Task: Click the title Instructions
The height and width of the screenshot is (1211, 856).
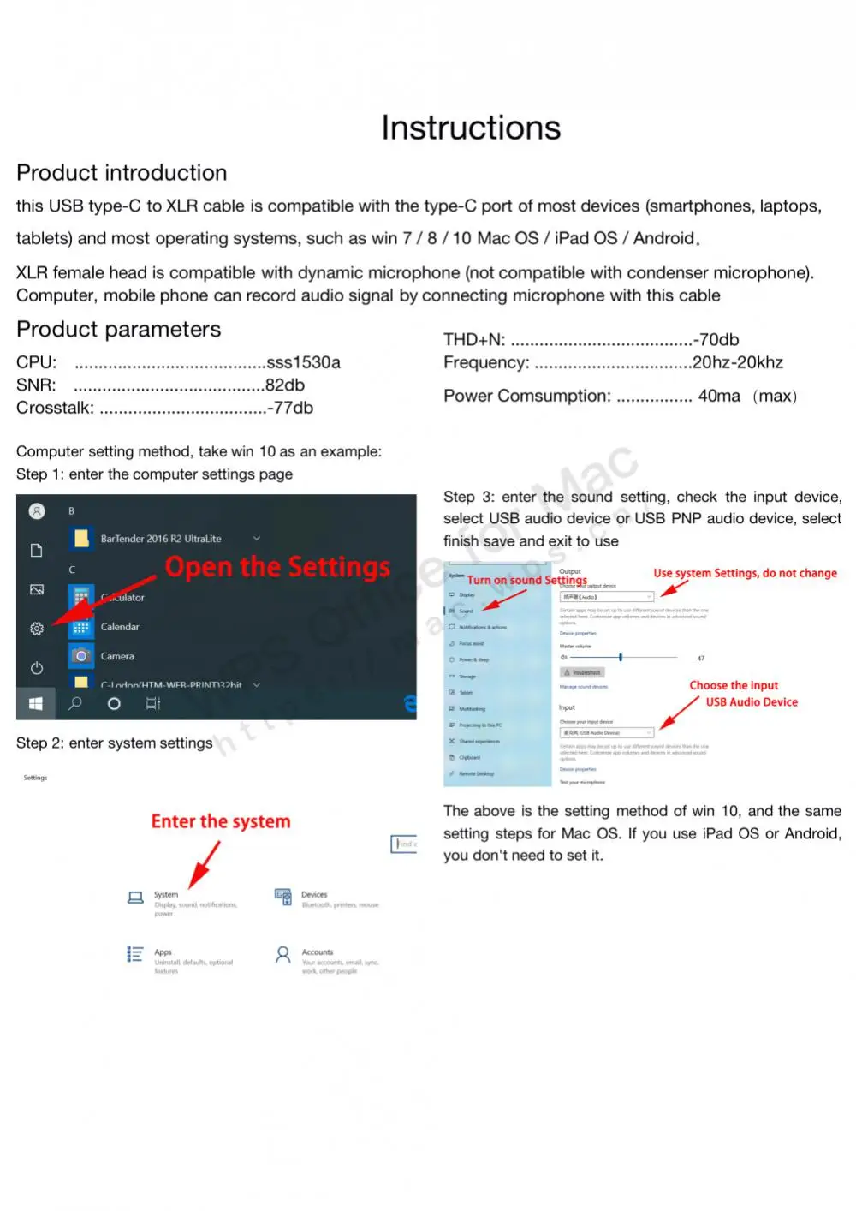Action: point(471,128)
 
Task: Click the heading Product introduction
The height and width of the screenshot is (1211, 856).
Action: point(122,173)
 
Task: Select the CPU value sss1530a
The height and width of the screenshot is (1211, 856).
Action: point(304,362)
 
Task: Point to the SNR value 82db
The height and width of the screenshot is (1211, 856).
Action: point(285,385)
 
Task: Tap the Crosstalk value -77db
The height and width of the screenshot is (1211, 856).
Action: point(290,408)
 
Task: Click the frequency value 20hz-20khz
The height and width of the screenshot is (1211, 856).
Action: point(738,362)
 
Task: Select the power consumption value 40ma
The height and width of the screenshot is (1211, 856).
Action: point(719,397)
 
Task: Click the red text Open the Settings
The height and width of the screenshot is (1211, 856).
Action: point(277,567)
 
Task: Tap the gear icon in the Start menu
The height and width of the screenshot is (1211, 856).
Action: point(37,629)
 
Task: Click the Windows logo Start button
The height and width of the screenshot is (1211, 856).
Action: point(36,704)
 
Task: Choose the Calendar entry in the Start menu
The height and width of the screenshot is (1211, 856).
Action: point(120,627)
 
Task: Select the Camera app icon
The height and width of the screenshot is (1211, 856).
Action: point(81,656)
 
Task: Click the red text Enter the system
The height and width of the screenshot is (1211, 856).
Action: point(221,821)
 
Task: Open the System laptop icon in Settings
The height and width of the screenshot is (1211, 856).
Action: point(135,898)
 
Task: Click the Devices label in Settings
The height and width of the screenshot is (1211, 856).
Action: point(314,894)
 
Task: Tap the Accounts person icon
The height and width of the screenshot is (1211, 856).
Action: point(282,955)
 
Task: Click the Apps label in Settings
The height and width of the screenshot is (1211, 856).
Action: point(163,952)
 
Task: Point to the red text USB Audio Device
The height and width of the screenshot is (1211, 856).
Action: point(752,702)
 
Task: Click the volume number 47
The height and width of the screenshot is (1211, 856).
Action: point(700,659)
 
